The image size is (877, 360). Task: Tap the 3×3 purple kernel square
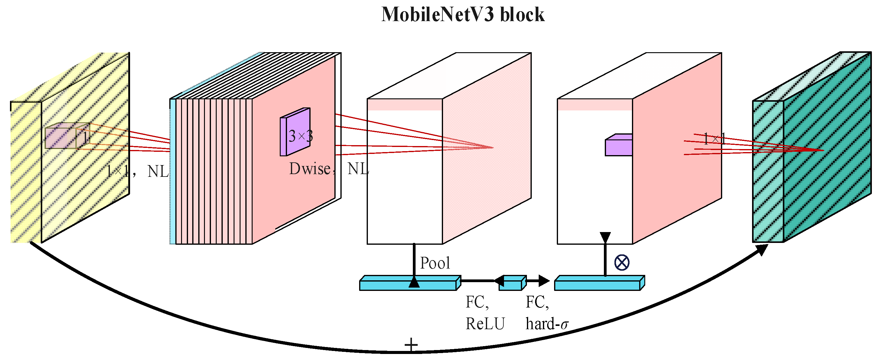(x=295, y=133)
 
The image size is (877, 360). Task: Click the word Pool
(x=435, y=263)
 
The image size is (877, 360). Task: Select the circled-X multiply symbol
(x=622, y=263)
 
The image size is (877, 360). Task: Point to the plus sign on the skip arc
(x=411, y=344)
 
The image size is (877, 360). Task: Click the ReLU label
(x=485, y=323)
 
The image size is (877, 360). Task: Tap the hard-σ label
(x=547, y=323)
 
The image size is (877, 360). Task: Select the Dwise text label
(x=310, y=169)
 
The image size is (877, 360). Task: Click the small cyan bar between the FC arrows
(x=512, y=283)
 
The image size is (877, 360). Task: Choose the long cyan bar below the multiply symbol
(x=599, y=283)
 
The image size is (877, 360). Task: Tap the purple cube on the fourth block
(x=619, y=145)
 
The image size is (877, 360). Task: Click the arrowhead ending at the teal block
(x=763, y=250)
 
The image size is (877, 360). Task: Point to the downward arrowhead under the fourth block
(x=605, y=237)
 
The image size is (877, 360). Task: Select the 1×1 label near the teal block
(x=714, y=139)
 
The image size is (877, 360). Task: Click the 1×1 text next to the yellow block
(x=118, y=171)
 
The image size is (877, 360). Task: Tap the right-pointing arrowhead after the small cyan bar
(x=544, y=281)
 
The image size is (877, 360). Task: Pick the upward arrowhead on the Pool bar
(x=414, y=282)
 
